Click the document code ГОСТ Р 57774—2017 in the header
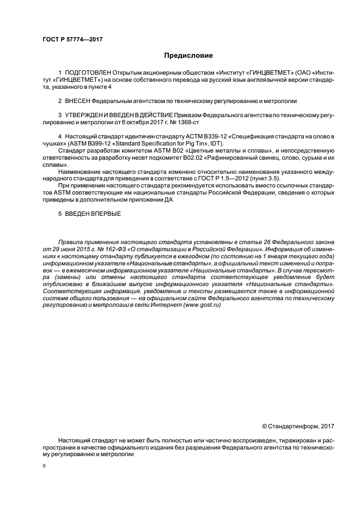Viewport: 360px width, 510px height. tap(72, 40)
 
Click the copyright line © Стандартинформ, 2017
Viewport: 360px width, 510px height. tap(298, 426)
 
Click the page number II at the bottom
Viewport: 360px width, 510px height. tap(44, 466)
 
